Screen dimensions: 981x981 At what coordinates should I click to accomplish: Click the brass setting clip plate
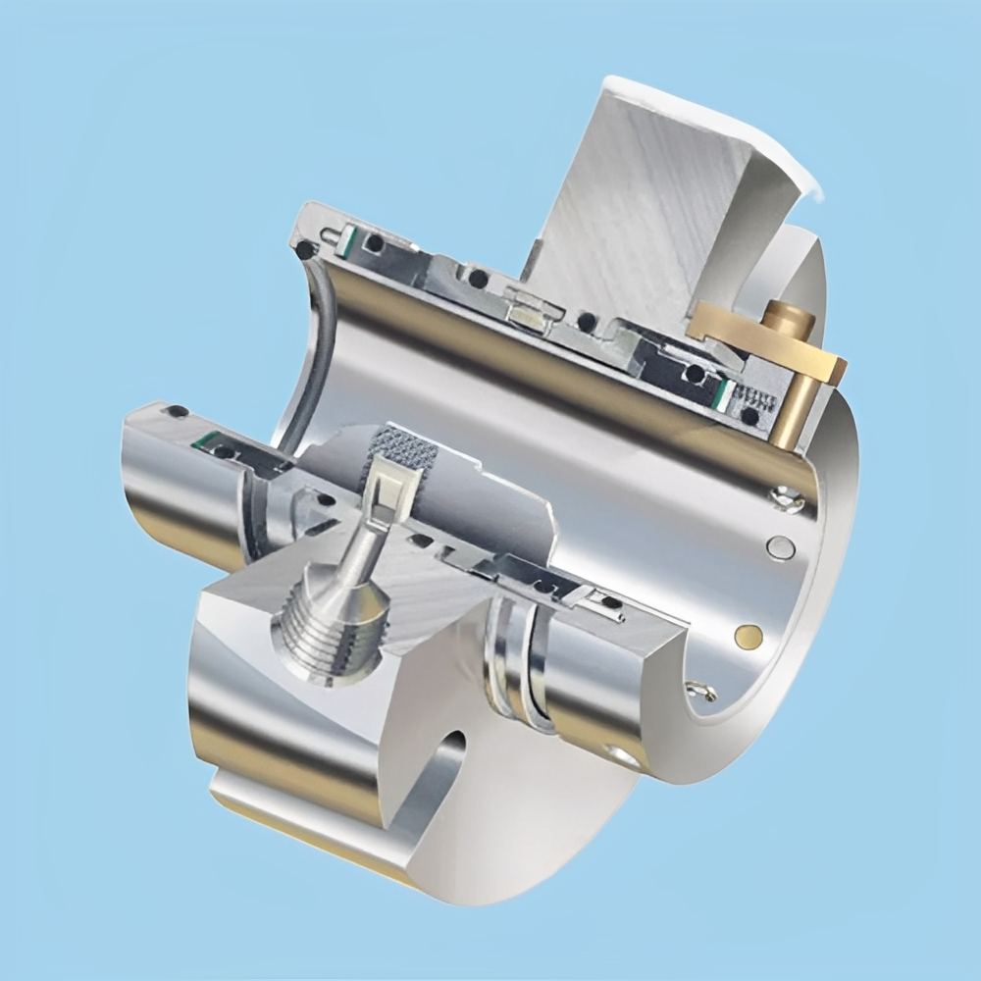point(775,345)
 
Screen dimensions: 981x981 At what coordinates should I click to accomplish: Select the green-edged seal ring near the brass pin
point(724,392)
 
